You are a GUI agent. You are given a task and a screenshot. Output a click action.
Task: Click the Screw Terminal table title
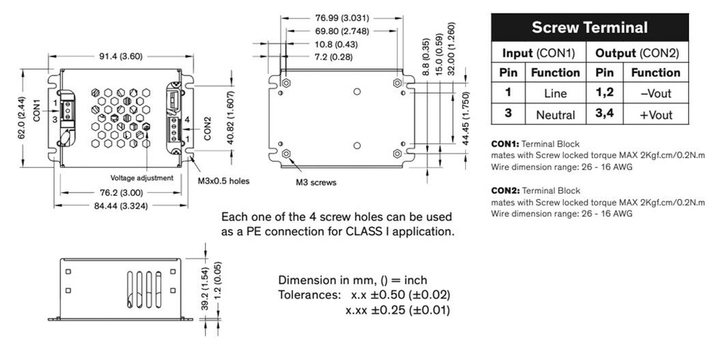(x=589, y=28)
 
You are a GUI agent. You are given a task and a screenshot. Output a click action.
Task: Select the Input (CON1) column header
(x=539, y=53)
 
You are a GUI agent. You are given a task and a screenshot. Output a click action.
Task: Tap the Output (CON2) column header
(x=637, y=53)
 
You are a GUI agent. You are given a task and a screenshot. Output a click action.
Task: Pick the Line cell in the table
(x=555, y=93)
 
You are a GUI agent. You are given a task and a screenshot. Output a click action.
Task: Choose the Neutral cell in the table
(x=555, y=114)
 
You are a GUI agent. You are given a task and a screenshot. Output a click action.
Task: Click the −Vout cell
(x=655, y=93)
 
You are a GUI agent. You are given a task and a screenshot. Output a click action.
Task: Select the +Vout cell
(x=655, y=114)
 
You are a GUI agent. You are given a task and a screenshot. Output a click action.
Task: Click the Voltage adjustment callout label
(x=141, y=178)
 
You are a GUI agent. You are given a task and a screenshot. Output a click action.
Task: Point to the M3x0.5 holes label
(x=223, y=181)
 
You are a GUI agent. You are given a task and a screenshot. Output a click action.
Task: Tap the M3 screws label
(x=315, y=182)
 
